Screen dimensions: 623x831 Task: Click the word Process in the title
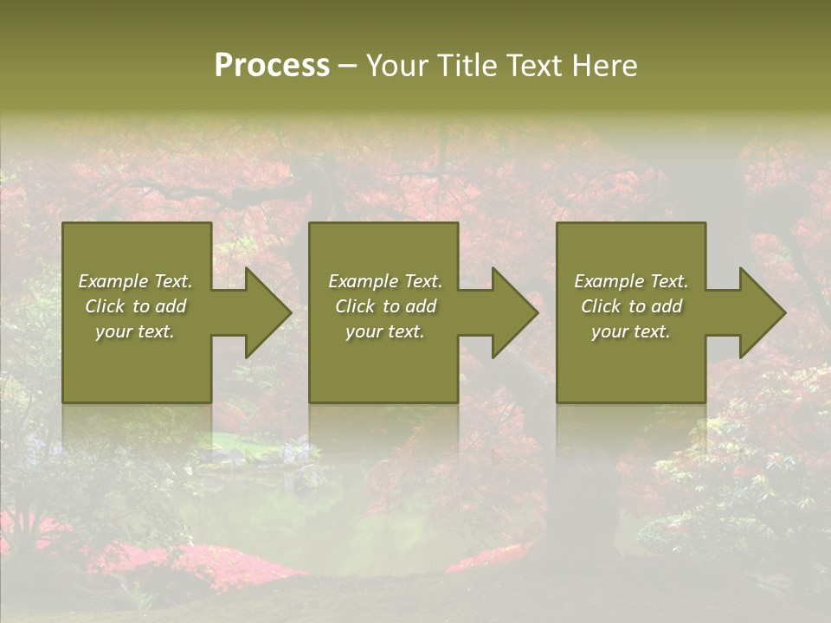272,66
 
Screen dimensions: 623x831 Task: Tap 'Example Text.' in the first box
135,281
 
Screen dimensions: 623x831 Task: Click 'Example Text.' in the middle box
385,281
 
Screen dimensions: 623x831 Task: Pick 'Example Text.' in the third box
631,281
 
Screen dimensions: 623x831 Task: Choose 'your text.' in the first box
135,331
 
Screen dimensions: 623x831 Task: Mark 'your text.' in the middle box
385,331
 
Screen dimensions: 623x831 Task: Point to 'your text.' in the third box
631,331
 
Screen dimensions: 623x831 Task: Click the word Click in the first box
105,306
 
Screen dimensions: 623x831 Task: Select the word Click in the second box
355,306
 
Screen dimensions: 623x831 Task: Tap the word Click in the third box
601,306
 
